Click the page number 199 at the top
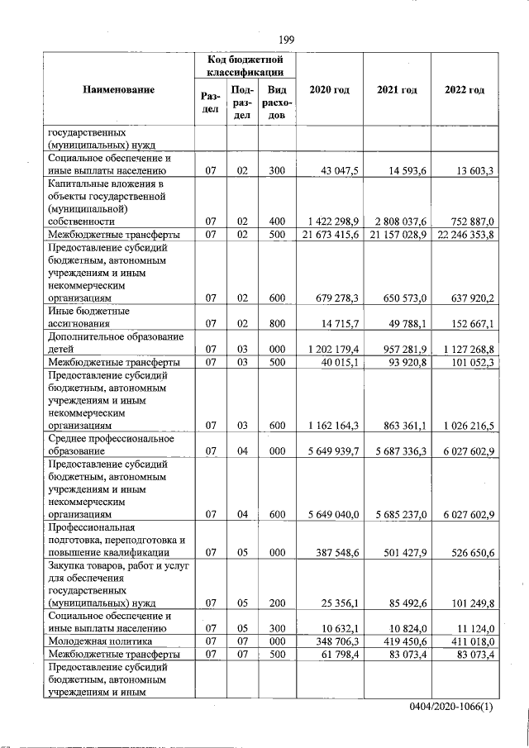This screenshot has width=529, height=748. click(x=287, y=40)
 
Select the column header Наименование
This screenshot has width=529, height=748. click(x=118, y=89)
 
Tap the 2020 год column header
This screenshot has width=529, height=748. click(x=329, y=89)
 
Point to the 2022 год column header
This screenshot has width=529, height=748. click(x=465, y=89)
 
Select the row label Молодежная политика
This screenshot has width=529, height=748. click(x=99, y=641)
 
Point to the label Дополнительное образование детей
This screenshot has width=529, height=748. click(x=115, y=343)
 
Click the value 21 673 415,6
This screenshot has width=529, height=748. click(x=328, y=236)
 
